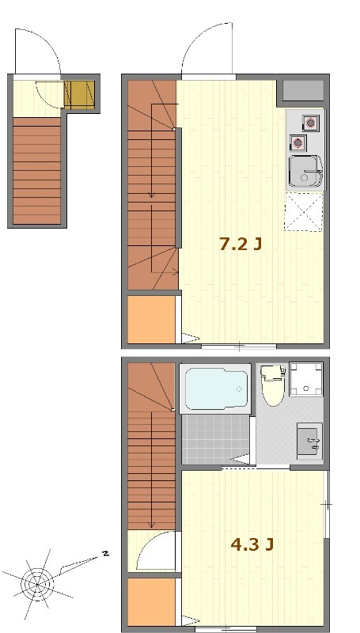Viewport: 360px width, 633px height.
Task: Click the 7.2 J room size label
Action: point(241,244)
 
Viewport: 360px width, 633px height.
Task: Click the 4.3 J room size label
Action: point(252,544)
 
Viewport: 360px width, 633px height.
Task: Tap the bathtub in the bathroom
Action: point(216,389)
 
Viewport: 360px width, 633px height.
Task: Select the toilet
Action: point(273,385)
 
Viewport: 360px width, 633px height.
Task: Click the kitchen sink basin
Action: point(306,172)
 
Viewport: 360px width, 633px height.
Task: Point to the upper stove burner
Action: point(310,123)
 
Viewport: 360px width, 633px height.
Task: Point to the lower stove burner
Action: point(297,142)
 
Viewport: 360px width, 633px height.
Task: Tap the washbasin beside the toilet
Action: point(309,442)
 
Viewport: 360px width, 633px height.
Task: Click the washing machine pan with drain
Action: point(306,380)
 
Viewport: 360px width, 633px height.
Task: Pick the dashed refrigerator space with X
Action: point(304,212)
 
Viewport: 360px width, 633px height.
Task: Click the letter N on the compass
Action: point(105,553)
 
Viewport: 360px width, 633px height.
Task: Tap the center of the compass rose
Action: point(37,584)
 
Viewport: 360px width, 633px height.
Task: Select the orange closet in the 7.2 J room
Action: point(151,320)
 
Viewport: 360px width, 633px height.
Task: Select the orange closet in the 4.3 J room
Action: point(151,602)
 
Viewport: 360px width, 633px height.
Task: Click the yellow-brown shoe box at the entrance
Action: point(79,95)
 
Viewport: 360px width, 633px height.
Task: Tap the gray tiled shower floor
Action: point(215,439)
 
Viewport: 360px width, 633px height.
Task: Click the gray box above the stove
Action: point(304,91)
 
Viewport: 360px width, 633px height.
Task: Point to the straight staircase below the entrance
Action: point(36,171)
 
